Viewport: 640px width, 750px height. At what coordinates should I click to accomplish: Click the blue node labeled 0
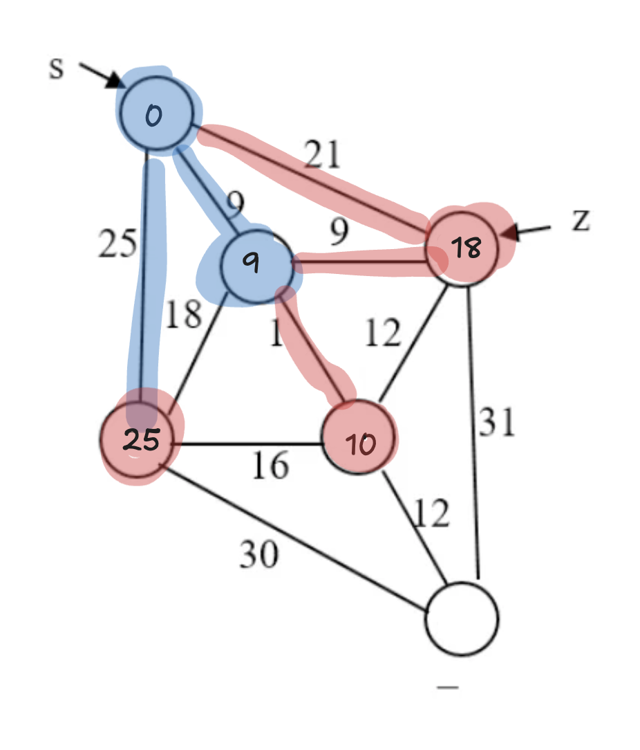pos(156,113)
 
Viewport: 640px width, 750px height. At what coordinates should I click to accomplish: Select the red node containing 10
pos(359,439)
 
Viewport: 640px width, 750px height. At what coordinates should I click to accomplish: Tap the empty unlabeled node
pos(462,619)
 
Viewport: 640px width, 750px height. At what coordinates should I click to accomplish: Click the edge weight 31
pos(498,422)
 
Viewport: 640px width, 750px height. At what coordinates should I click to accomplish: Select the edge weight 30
pos(259,553)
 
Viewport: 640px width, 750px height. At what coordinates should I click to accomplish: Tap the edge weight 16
pos(269,466)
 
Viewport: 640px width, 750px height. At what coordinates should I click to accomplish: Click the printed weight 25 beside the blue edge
pos(115,243)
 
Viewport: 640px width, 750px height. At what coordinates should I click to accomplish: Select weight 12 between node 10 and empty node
pos(431,513)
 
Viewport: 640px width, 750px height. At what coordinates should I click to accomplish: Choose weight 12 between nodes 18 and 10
pos(384,333)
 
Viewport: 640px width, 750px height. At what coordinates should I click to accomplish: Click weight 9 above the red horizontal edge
pos(338,233)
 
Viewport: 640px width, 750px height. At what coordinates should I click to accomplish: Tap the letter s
pos(56,69)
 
